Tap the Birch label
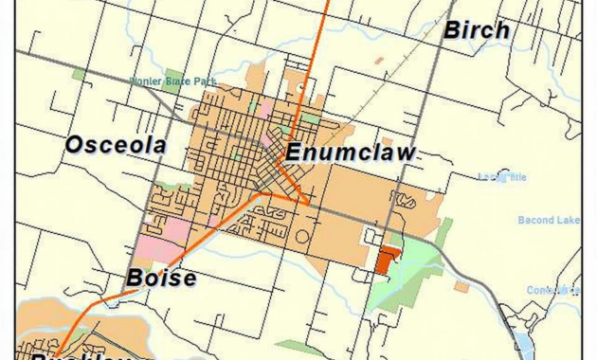point(478,30)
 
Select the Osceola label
point(116,145)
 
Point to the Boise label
point(161,279)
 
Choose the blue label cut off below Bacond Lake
point(554,289)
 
